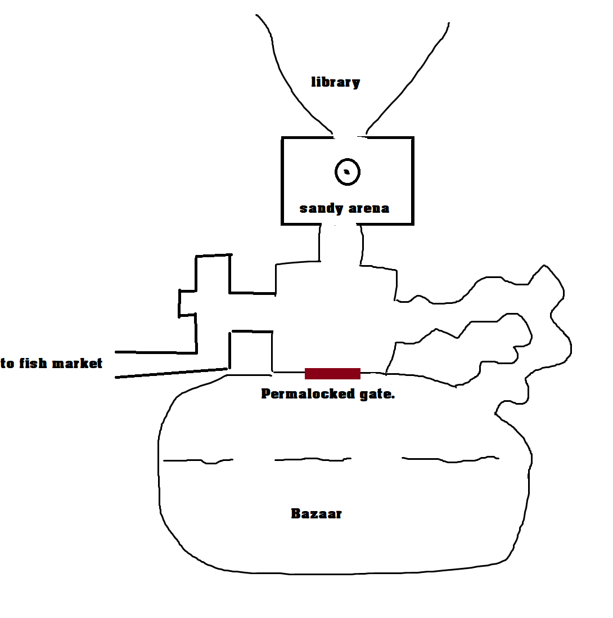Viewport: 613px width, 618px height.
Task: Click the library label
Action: click(x=335, y=82)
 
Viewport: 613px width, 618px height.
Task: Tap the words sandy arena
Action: click(x=345, y=208)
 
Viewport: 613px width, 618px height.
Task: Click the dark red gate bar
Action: click(x=333, y=374)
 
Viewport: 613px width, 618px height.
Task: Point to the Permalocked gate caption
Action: click(x=328, y=394)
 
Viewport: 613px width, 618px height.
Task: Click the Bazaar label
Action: click(x=317, y=513)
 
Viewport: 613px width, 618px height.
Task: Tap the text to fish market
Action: click(x=51, y=363)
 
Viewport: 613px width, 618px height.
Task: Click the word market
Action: click(x=77, y=363)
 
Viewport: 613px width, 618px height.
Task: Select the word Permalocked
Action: click(x=308, y=394)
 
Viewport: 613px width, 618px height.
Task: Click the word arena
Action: click(x=369, y=208)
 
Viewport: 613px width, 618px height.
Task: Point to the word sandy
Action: click(x=321, y=208)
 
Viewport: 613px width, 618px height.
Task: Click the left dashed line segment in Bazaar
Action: click(x=198, y=460)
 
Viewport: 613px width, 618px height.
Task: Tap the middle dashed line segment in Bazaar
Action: click(x=313, y=459)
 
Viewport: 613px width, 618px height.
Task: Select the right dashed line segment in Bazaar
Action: click(x=450, y=459)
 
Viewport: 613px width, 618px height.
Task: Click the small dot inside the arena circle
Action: click(x=346, y=172)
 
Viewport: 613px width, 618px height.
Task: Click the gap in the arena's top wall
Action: click(x=350, y=137)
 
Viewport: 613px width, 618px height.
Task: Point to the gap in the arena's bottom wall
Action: click(x=339, y=224)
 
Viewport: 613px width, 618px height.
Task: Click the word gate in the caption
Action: click(x=377, y=395)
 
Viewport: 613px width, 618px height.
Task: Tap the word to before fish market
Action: click(x=7, y=364)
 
